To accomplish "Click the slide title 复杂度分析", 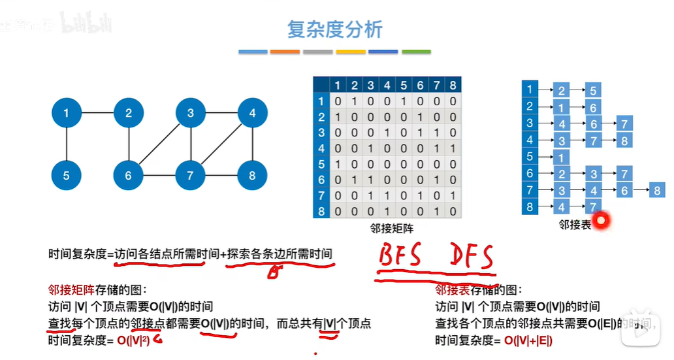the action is [x=334, y=29].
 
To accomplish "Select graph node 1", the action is [x=66, y=114].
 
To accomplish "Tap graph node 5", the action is [x=66, y=175].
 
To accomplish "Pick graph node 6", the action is [x=129, y=175].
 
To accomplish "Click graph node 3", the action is [x=191, y=114].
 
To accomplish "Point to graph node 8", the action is [x=252, y=175].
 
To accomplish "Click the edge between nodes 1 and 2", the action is [x=97, y=114].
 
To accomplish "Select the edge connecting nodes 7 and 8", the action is [x=221, y=175].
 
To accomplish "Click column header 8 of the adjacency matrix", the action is [x=453, y=86].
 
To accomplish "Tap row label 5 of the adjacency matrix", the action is [x=321, y=165].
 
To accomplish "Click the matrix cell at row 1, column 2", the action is [x=354, y=101].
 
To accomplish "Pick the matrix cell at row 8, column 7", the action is [x=436, y=212].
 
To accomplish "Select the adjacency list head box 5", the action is [x=530, y=157].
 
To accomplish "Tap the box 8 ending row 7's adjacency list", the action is [x=656, y=191].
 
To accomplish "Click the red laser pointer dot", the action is [x=602, y=221].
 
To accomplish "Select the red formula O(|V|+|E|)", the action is [x=529, y=340].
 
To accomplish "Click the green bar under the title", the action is [x=416, y=52].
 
